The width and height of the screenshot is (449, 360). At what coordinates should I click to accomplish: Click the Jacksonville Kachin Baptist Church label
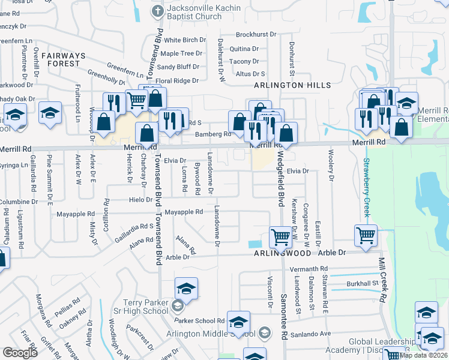(x=195, y=13)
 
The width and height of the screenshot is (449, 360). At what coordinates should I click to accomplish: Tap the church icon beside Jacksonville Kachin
(x=157, y=10)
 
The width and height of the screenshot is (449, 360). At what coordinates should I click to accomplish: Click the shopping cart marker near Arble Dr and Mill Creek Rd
(x=366, y=235)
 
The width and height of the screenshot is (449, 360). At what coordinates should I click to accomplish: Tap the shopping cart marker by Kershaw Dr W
(x=281, y=236)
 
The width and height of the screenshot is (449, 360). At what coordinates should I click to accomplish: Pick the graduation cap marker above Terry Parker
(x=186, y=289)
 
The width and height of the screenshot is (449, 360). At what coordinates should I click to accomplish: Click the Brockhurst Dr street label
(x=256, y=35)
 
